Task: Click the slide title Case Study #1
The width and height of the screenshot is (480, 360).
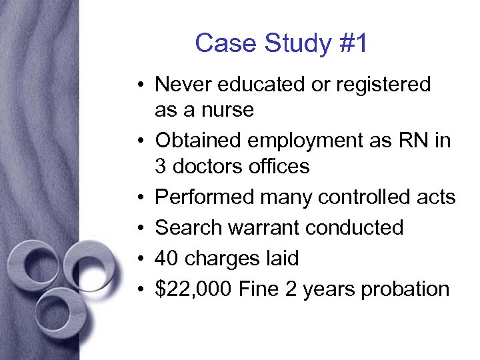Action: pos(281,44)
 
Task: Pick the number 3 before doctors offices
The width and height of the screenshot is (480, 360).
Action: pos(161,165)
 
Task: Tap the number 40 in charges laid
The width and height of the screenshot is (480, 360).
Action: pos(166,258)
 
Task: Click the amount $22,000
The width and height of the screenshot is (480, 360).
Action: pos(193,289)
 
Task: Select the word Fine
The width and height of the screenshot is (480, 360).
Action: pos(257,289)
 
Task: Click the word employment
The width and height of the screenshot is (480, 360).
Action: pos(303,141)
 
